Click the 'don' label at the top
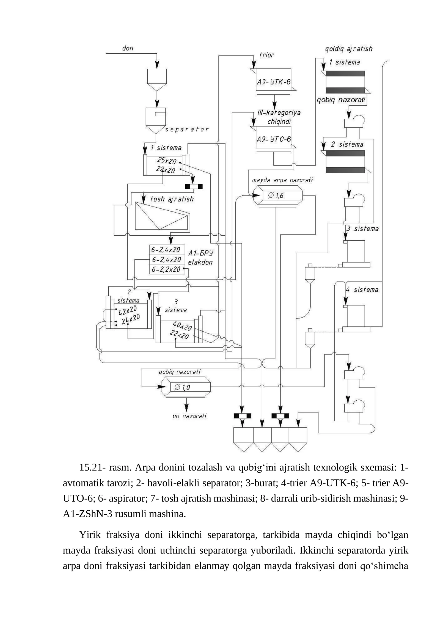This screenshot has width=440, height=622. [x=128, y=48]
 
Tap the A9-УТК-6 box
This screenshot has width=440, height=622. [x=273, y=79]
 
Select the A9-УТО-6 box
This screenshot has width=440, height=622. [x=273, y=137]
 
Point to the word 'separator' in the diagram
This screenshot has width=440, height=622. [x=186, y=130]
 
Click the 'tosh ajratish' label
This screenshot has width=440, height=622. [x=172, y=199]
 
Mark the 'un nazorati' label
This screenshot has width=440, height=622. [x=189, y=416]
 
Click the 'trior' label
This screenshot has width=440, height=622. [x=267, y=55]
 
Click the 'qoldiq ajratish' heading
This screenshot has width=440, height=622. [x=349, y=49]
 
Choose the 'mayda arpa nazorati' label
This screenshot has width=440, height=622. [x=282, y=180]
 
